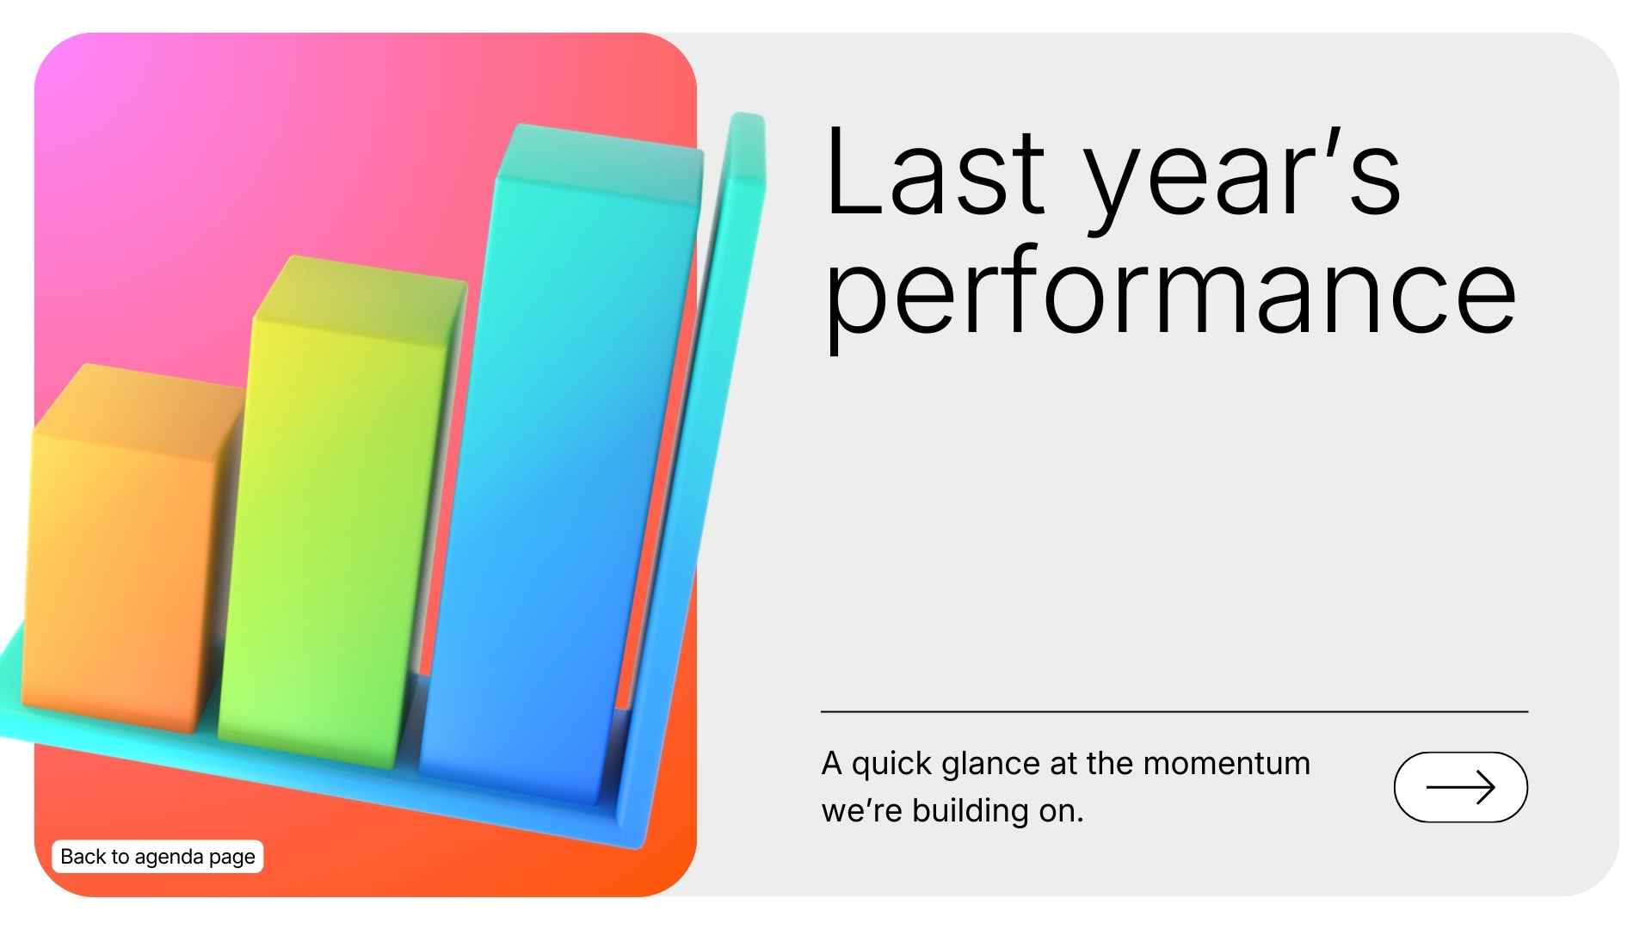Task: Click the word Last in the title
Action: [934, 172]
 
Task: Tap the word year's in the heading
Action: [1242, 176]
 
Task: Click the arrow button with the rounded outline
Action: [1460, 787]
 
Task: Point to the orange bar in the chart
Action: [120, 576]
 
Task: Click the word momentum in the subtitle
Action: [1226, 764]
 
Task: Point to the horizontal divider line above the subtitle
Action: [1174, 712]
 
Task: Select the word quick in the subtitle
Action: [892, 764]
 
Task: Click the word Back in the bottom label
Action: [83, 857]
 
